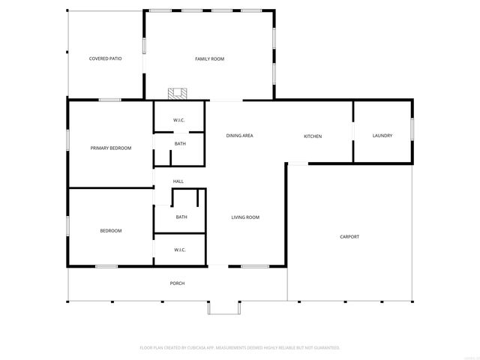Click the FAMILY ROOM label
coord(209,58)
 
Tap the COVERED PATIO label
coord(105,58)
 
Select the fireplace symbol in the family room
coord(177,94)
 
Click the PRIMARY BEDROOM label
coord(111,148)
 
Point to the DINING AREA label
coord(239,136)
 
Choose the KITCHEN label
coord(313,136)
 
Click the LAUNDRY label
coord(382,136)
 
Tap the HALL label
coord(178,181)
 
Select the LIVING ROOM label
coord(244,217)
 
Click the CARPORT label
coord(349,237)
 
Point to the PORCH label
coord(177,283)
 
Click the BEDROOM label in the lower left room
coord(111,231)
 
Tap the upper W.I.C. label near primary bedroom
coord(179,120)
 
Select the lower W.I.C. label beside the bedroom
coord(180,250)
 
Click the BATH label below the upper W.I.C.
coord(180,143)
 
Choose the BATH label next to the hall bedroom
coord(181,217)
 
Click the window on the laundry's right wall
coord(412,130)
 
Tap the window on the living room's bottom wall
coord(255,266)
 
